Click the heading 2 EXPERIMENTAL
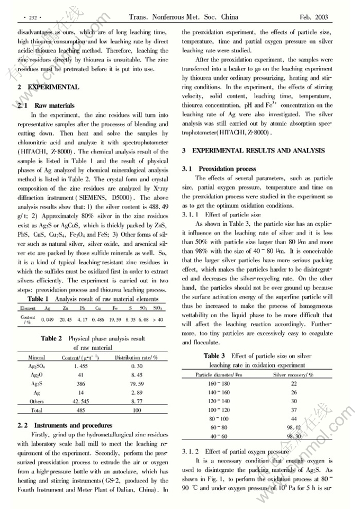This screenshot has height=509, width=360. click(48, 87)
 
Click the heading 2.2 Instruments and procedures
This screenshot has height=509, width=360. click(65, 425)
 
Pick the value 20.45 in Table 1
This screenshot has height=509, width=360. click(66, 319)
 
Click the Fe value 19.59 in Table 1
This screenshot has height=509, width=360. click(114, 319)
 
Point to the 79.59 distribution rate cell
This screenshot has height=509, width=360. click(137, 382)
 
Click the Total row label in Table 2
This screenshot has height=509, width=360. click(37, 410)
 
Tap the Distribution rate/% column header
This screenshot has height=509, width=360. click(137, 358)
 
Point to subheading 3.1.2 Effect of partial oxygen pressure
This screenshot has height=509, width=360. click(235, 452)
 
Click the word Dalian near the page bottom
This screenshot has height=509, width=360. click(134, 489)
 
